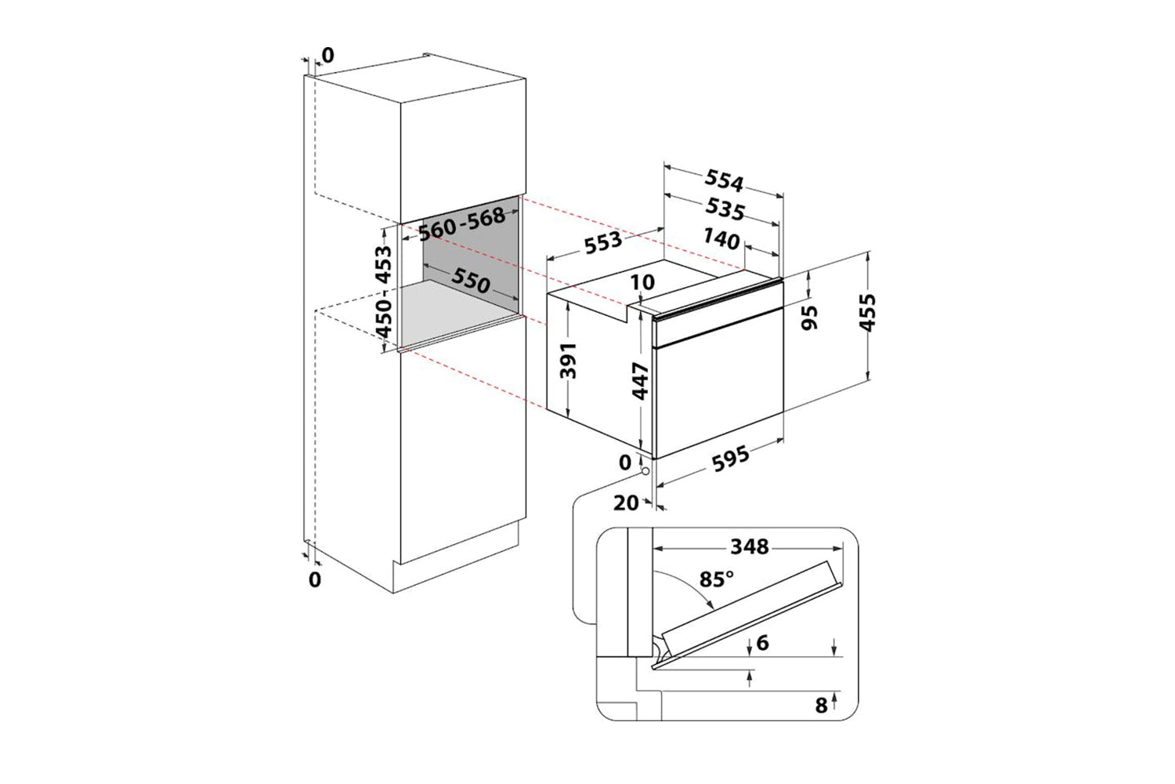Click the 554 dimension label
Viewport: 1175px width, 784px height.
tap(724, 181)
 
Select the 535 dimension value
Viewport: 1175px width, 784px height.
tap(724, 209)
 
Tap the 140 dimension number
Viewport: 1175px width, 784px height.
tap(721, 238)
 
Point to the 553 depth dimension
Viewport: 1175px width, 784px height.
tap(603, 241)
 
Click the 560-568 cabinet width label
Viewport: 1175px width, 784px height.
tap(462, 224)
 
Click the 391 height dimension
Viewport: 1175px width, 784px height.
tap(569, 360)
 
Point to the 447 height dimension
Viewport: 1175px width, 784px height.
tap(641, 381)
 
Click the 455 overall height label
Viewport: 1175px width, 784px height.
tap(867, 313)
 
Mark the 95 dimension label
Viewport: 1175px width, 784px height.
tap(810, 317)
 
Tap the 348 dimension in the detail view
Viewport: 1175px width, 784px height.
tap(749, 546)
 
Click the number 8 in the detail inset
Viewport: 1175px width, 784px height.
tap(821, 706)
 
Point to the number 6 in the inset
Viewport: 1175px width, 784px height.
tap(762, 643)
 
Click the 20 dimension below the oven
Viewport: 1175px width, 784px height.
tap(626, 503)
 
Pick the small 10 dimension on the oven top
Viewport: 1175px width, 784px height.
tap(642, 282)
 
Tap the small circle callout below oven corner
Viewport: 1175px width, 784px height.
tap(643, 472)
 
